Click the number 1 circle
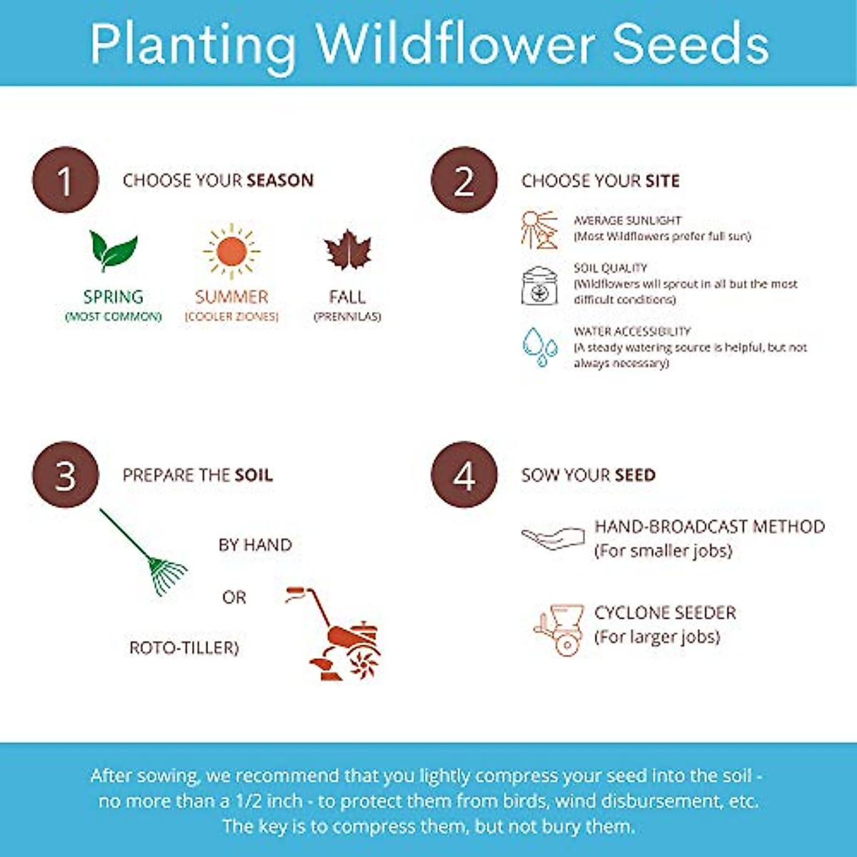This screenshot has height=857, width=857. click(x=65, y=180)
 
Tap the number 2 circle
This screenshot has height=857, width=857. click(x=463, y=180)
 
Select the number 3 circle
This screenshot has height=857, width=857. click(x=65, y=475)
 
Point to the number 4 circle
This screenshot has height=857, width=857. click(x=463, y=475)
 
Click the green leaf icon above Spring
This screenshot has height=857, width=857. click(x=113, y=251)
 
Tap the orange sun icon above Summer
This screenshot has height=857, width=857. click(x=231, y=251)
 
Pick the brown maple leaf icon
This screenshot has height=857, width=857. click(x=348, y=251)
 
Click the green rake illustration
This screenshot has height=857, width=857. click(x=146, y=553)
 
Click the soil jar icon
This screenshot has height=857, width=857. click(x=539, y=285)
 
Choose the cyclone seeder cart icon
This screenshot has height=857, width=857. click(x=559, y=628)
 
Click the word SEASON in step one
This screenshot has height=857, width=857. click(x=280, y=181)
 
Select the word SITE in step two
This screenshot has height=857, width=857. click(x=662, y=181)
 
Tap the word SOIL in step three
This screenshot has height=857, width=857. click(x=254, y=476)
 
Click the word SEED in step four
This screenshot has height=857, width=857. click(x=635, y=476)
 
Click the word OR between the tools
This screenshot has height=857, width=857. click(x=234, y=597)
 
